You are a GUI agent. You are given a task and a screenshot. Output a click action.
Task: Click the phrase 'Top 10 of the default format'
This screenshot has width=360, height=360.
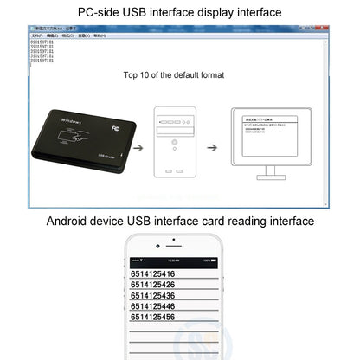(x=174, y=75)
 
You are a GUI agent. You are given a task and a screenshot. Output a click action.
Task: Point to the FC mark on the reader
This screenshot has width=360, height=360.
(x=115, y=123)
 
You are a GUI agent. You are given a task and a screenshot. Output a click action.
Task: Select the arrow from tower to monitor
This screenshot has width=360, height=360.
(x=211, y=147)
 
